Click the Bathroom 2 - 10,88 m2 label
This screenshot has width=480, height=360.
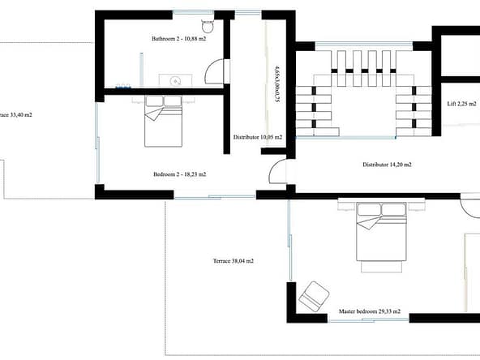pos(178,39)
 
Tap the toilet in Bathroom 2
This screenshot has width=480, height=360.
pos(208,26)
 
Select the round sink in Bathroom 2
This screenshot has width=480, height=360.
pos(175,81)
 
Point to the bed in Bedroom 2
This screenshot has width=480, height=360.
pos(164,122)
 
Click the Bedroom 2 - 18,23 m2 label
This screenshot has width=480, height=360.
pos(180,174)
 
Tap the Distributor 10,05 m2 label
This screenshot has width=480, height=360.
pos(258,137)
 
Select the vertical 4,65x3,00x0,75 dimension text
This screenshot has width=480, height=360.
pos(276,83)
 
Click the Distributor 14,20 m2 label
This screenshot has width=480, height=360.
pos(387,165)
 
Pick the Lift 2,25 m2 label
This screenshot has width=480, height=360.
pos(461,104)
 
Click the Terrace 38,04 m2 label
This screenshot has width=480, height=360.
pos(234,261)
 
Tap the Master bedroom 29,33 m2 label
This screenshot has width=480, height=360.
pos(370,311)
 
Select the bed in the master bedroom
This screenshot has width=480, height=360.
pos(381,232)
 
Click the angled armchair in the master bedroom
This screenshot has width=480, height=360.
pos(314,297)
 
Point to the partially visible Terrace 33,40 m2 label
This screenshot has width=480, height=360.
pos(16,115)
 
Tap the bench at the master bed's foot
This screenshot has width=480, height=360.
pos(381,266)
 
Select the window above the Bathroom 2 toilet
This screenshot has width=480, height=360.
pos(193,12)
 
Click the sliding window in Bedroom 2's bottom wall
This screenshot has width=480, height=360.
pos(215,197)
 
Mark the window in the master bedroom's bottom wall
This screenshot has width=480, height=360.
pos(368,320)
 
